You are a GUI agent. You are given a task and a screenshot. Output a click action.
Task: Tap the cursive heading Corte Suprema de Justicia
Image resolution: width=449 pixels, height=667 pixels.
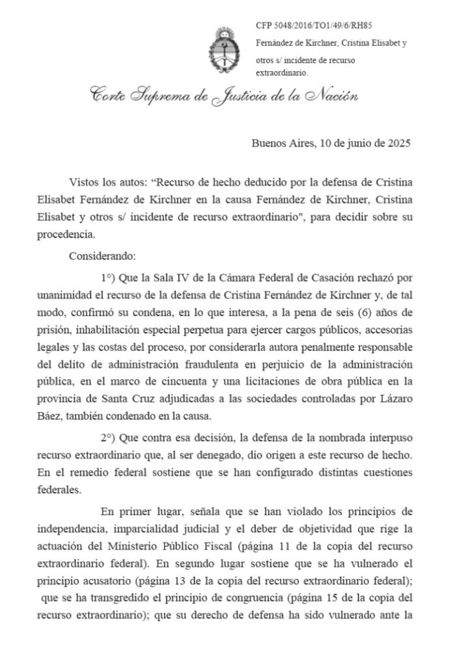tap(224, 98)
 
